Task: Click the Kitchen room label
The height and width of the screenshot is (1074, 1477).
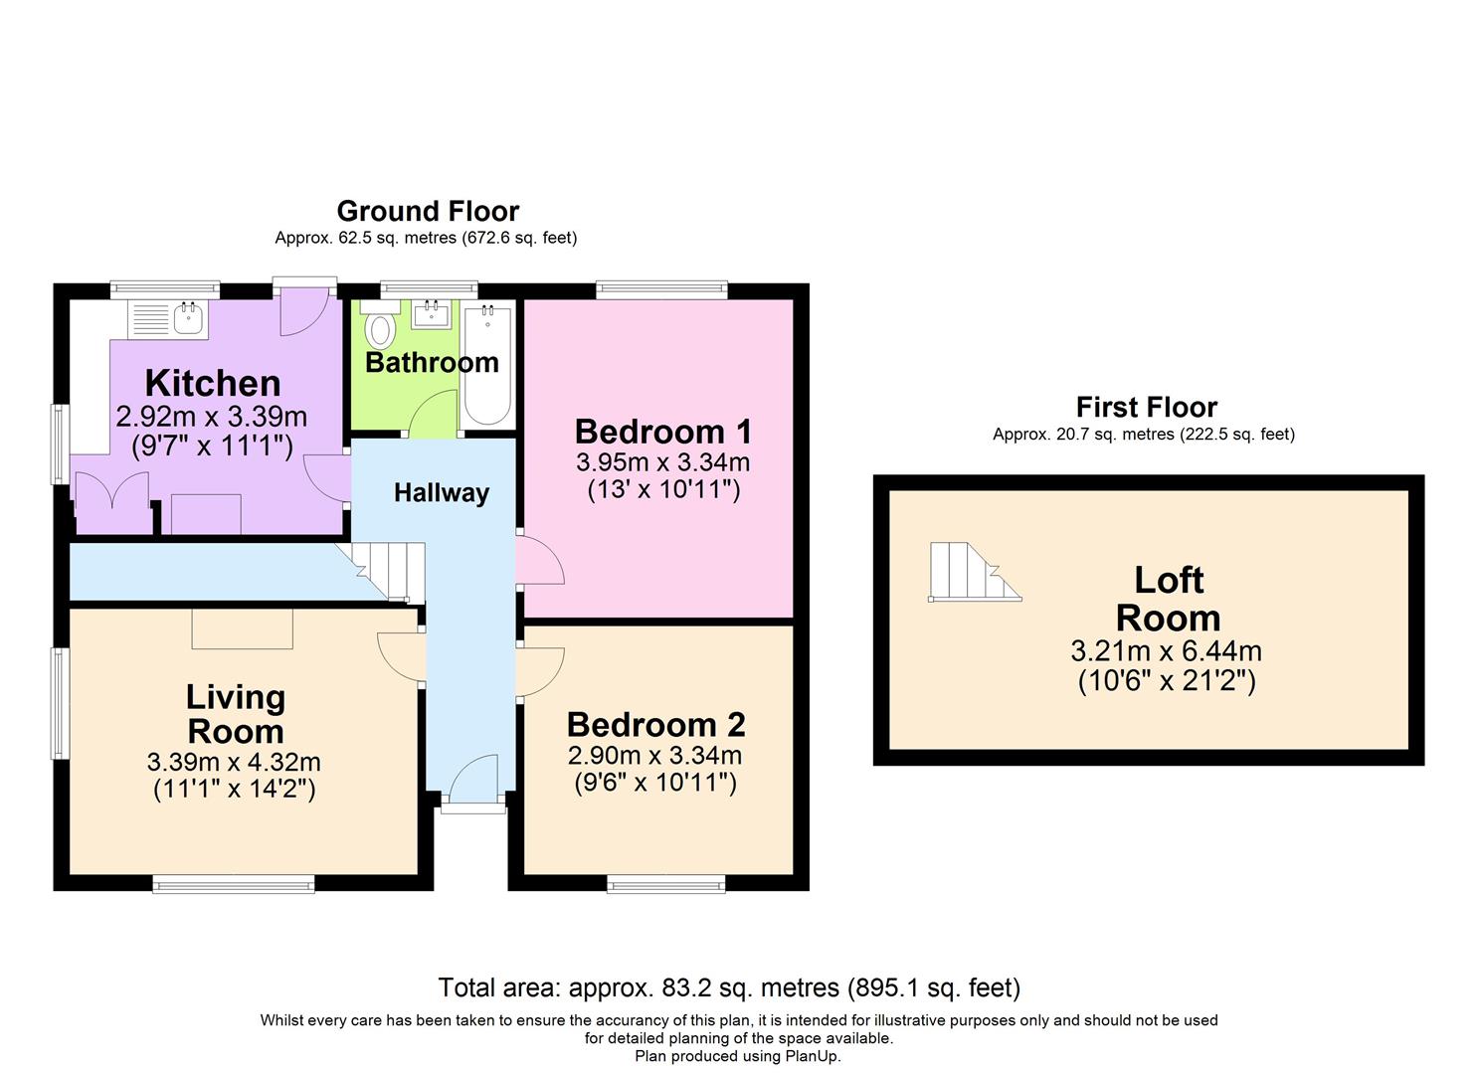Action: pos(212,383)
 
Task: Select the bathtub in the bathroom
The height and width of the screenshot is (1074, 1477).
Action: pos(487,365)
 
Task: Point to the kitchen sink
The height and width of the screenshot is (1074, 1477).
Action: pos(188,319)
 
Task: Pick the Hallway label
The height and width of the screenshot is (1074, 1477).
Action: pos(441,493)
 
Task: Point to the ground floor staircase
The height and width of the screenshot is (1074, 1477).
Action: pos(391,571)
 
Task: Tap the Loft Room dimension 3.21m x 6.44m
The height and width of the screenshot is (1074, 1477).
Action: pos(1166,651)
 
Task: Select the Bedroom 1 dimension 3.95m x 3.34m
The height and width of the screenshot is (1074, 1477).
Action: pos(662,462)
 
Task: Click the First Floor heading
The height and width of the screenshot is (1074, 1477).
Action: pos(1146,407)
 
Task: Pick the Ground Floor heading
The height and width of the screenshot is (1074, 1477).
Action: pos(428,211)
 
